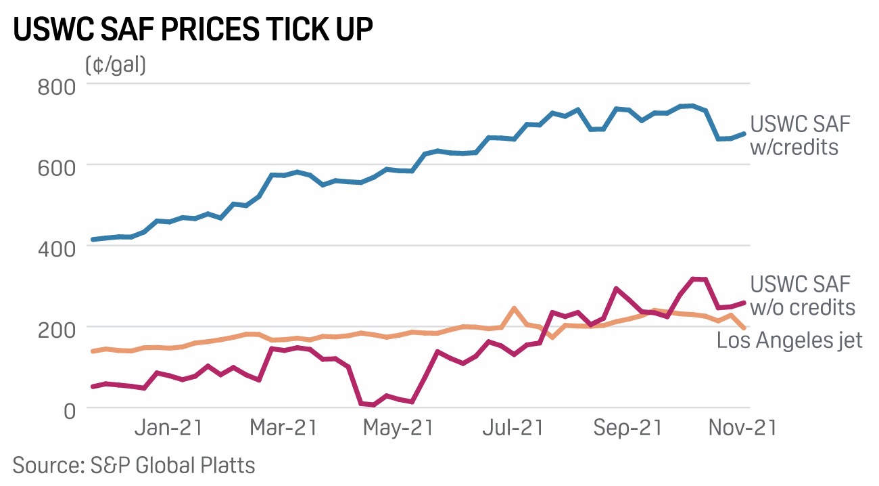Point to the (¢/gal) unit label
click(x=116, y=65)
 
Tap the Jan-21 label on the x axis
click(x=169, y=429)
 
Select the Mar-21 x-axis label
click(x=284, y=429)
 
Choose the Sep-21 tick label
click(x=627, y=429)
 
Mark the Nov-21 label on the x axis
click(x=742, y=429)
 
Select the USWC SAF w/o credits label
click(x=803, y=295)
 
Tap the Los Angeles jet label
click(x=790, y=340)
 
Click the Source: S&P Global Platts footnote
click(x=134, y=465)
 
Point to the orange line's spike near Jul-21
click(x=514, y=308)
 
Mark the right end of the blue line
click(x=744, y=134)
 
